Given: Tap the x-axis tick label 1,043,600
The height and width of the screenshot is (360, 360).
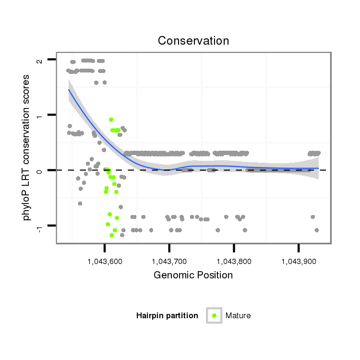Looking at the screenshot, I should click(105, 262).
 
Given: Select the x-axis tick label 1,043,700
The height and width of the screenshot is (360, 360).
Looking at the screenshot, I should click(169, 262).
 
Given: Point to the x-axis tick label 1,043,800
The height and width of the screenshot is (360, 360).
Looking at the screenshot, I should click(234, 262).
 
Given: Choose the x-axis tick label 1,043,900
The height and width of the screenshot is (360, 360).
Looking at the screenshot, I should click(299, 262).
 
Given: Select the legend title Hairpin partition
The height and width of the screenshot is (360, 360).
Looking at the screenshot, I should click(167, 316).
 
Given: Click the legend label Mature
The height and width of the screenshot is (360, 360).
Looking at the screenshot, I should click(238, 316).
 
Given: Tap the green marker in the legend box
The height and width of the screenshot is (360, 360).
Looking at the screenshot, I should click(214, 315).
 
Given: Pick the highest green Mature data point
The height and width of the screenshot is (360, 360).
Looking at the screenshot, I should click(111, 120).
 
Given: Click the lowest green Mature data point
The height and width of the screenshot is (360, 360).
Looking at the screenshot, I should click(111, 235).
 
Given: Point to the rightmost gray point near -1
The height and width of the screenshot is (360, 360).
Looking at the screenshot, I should click(316, 230).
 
